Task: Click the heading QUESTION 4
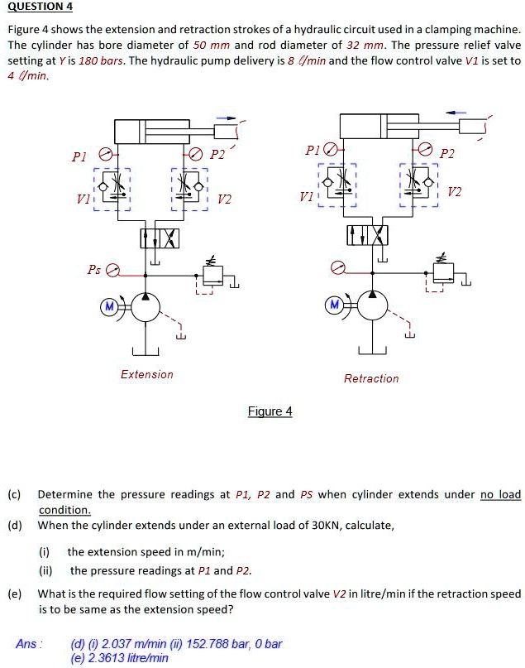[40, 7]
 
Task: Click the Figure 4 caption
[270, 411]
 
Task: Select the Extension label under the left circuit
[147, 374]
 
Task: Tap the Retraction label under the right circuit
[371, 378]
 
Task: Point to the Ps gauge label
[94, 270]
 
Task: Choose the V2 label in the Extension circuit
[225, 199]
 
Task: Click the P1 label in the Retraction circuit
[312, 150]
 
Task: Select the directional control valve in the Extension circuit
[159, 238]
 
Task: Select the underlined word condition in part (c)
[64, 510]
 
